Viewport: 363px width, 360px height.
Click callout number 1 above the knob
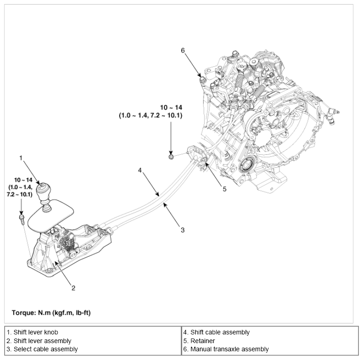(21, 158)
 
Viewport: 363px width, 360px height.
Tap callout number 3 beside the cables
(182, 230)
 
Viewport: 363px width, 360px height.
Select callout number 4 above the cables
(141, 170)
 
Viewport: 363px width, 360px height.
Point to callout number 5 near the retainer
(224, 189)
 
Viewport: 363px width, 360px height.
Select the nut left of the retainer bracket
(171, 157)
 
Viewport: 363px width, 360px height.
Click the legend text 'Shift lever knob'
(32, 333)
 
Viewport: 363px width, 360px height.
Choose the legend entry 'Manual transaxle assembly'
(226, 349)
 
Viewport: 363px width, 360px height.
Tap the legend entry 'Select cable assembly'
(42, 349)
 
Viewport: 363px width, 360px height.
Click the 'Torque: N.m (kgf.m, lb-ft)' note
(53, 313)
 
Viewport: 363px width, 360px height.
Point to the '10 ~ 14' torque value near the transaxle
(171, 109)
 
